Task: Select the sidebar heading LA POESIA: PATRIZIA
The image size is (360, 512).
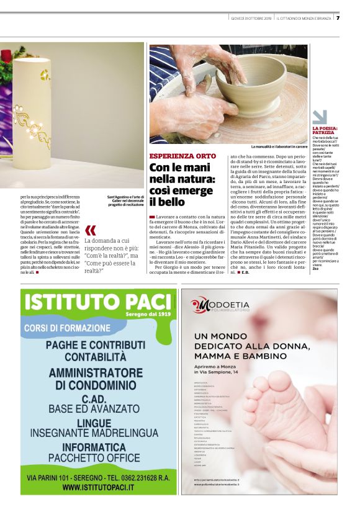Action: [325, 130]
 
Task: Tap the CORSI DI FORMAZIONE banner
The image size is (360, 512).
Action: [66, 327]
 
